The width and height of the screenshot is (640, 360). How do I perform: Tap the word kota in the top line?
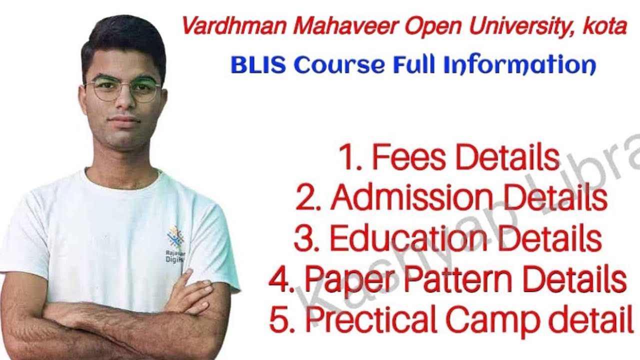point(604,26)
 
